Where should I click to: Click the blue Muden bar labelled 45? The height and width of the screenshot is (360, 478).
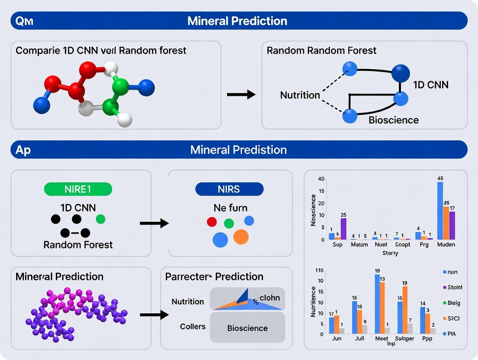pos(440,211)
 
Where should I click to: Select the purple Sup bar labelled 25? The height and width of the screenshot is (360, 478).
pos(343,229)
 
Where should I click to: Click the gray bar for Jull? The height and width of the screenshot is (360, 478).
pos(365,329)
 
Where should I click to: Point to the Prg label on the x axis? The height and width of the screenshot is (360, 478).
pos(424,244)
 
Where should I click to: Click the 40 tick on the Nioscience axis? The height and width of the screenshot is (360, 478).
pos(321,179)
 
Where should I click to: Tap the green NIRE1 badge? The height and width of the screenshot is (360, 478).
pos(78,189)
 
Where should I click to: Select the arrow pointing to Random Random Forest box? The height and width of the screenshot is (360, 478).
pos(241,94)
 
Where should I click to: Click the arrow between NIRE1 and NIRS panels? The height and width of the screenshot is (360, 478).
pos(154,223)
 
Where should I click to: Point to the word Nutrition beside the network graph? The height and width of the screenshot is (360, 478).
pos(300,95)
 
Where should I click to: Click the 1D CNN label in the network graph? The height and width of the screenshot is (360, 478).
pos(430,84)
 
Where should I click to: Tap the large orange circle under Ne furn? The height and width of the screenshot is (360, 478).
pos(241,237)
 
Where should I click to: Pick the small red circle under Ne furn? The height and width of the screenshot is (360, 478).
pos(212,222)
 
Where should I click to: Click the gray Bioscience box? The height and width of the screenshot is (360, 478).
pos(247,328)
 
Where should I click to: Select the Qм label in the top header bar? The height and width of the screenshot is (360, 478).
pos(25,21)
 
